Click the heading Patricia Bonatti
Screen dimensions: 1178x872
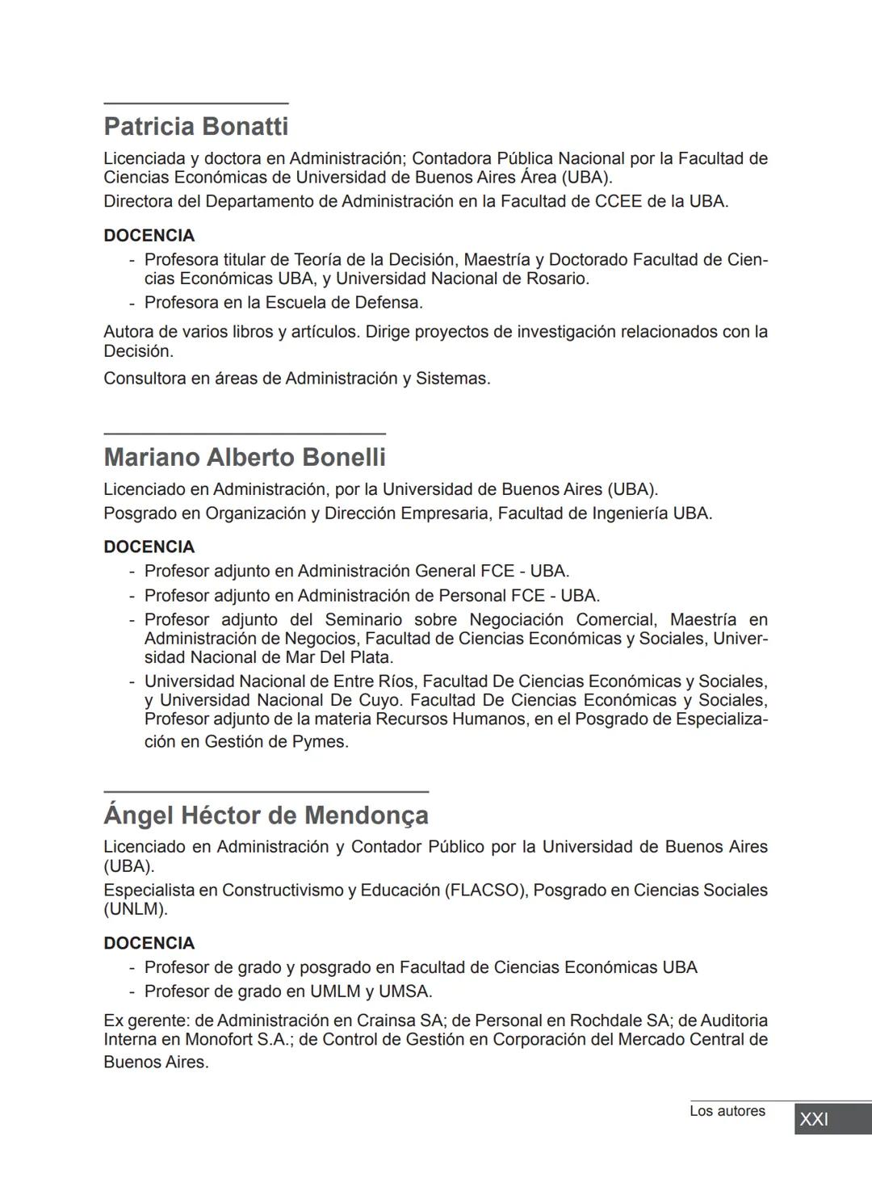(x=195, y=127)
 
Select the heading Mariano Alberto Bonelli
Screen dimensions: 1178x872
(x=245, y=458)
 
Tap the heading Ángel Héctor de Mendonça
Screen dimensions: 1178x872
(x=266, y=815)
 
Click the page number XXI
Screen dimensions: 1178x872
(x=814, y=1119)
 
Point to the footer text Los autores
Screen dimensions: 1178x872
(x=727, y=1112)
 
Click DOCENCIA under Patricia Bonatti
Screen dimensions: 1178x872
(x=149, y=236)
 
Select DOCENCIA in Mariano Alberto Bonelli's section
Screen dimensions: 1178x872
(x=149, y=547)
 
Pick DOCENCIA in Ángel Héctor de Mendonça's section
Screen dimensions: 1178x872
(x=149, y=944)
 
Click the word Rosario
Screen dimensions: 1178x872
(x=557, y=279)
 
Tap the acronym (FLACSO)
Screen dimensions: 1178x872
(x=485, y=891)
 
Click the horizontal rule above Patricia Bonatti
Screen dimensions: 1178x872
(x=195, y=103)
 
